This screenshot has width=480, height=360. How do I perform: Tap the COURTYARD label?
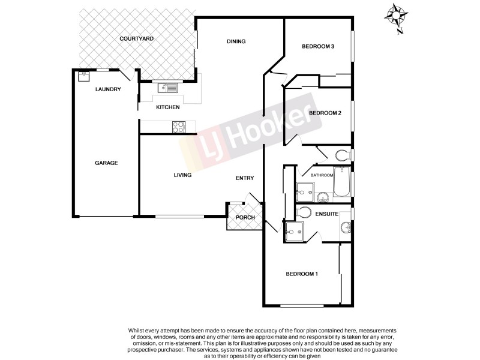tap(137, 38)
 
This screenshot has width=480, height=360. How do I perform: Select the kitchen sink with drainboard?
tap(168, 88)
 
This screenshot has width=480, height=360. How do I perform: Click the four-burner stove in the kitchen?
tap(179, 127)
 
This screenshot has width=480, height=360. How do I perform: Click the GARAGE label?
tap(106, 163)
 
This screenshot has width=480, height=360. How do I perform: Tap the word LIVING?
tap(182, 175)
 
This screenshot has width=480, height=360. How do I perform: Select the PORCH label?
tap(245, 217)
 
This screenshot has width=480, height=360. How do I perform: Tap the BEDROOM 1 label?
tap(301, 274)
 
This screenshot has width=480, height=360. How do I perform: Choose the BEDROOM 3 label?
tap(317, 46)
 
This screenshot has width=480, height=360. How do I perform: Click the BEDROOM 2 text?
tap(325, 113)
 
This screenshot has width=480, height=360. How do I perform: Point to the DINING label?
tap(236, 41)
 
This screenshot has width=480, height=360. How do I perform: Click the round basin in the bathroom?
tap(322, 196)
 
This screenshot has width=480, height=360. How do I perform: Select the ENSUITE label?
tap(328, 214)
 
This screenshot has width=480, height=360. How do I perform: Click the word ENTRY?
tap(245, 178)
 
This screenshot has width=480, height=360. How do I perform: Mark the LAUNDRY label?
tap(109, 90)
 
